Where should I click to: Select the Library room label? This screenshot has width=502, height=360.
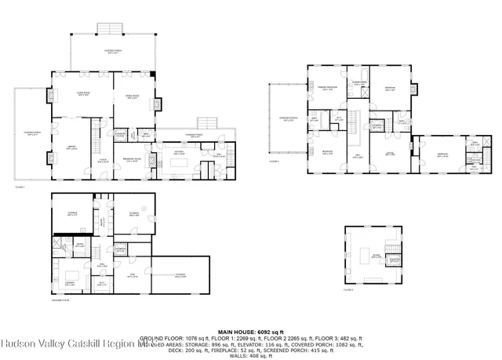[71, 148]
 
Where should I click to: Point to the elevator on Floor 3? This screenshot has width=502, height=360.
[395, 260]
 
